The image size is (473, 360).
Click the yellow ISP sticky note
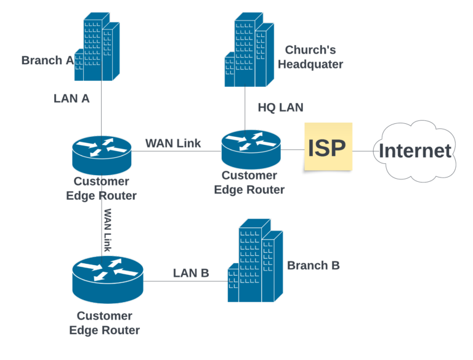(328, 147)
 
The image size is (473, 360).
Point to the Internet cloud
(416, 150)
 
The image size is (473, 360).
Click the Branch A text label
(47, 60)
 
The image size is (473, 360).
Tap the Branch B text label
(313, 265)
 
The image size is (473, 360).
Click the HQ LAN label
(280, 108)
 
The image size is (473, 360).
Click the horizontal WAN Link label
(173, 144)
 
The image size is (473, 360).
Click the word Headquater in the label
(310, 64)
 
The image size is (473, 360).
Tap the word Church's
(310, 50)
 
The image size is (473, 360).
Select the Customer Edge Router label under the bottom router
(104, 323)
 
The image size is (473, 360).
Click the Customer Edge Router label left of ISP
(249, 183)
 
